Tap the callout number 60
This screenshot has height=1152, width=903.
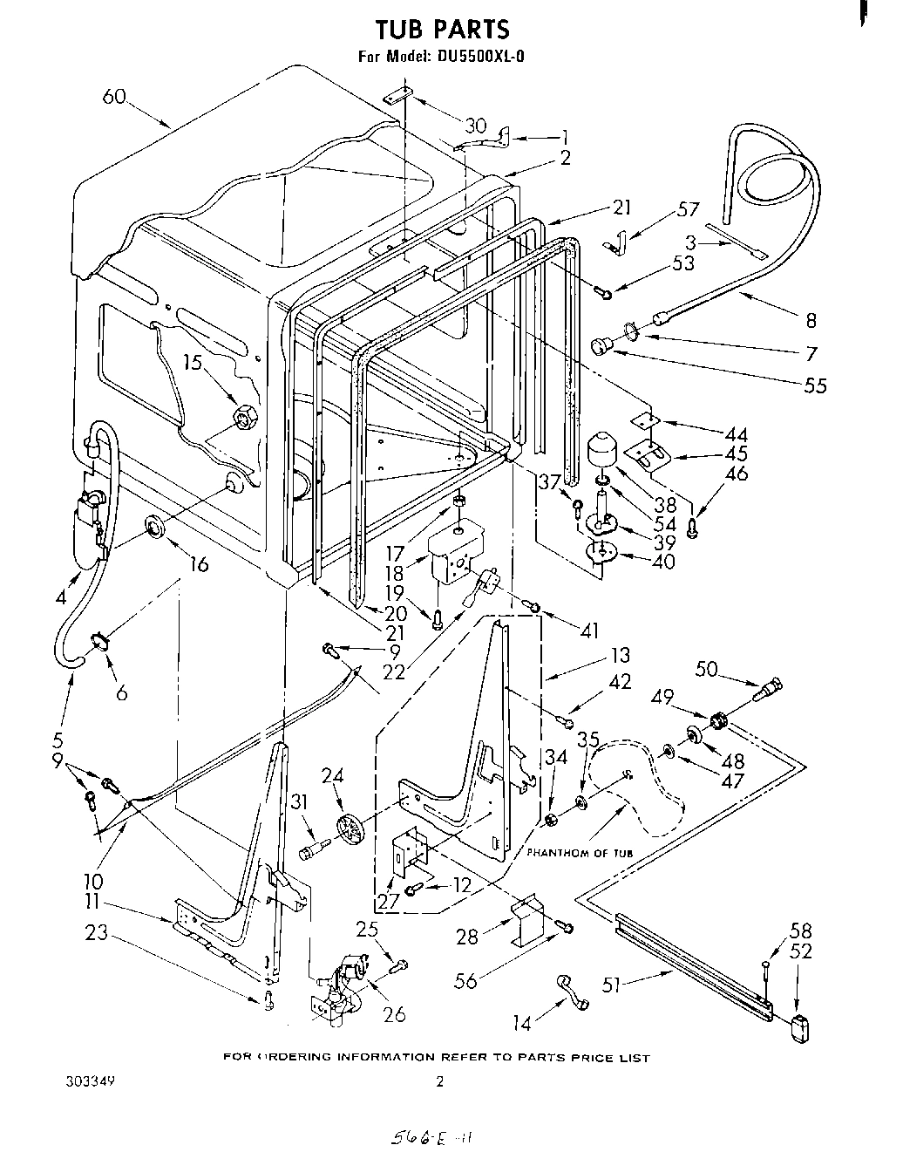pyautogui.click(x=115, y=98)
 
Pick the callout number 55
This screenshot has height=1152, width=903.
pyautogui.click(x=815, y=385)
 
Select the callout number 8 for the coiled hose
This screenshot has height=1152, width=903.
pyautogui.click(x=811, y=321)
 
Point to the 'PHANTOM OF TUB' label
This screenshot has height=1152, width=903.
pyautogui.click(x=580, y=852)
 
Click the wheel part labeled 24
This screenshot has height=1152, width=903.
pyautogui.click(x=352, y=829)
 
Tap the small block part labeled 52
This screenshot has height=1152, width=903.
pyautogui.click(x=798, y=1030)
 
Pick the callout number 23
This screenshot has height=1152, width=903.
pyautogui.click(x=97, y=934)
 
